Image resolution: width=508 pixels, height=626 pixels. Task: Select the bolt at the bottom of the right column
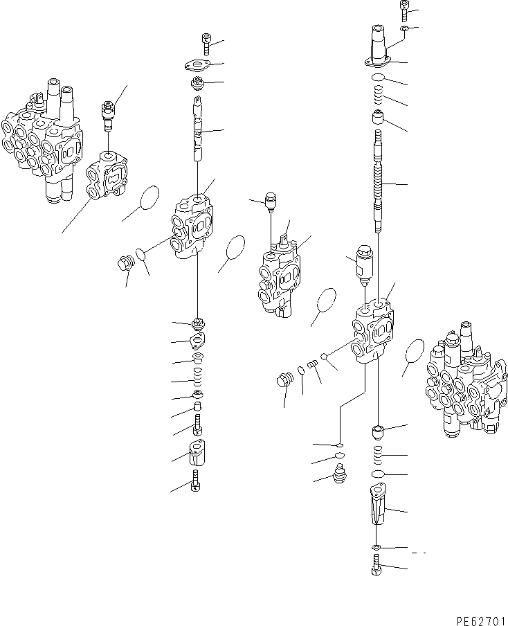click(376, 569)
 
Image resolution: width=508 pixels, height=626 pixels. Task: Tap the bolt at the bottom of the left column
click(196, 481)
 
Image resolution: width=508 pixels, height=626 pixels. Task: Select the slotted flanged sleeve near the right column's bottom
click(377, 512)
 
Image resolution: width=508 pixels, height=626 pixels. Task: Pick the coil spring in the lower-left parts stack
click(197, 380)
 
